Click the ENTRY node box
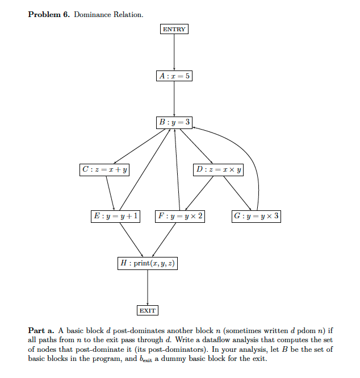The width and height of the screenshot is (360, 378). [x=174, y=29]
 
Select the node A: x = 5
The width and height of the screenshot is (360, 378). [x=174, y=76]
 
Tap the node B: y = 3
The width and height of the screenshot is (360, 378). [x=174, y=122]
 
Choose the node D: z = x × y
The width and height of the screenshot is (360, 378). [x=219, y=169]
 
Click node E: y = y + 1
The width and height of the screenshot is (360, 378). [x=117, y=216]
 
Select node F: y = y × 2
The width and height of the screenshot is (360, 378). [x=181, y=216]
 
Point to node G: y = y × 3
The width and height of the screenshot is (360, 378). [x=257, y=216]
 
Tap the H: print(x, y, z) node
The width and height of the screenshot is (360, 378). [x=148, y=263]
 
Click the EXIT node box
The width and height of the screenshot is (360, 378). [x=148, y=310]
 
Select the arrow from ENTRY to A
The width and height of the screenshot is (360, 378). [x=174, y=52]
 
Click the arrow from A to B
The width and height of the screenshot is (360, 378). [x=174, y=99]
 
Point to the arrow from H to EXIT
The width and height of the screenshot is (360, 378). [x=148, y=287]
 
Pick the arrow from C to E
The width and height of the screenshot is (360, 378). [x=111, y=193]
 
